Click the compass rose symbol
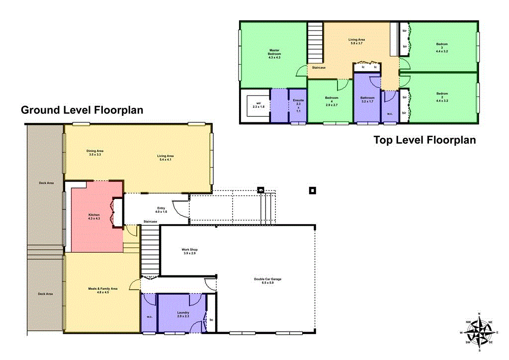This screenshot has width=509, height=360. point(479,332)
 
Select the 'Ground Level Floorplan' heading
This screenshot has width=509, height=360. point(82,110)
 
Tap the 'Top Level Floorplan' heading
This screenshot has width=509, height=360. point(424,140)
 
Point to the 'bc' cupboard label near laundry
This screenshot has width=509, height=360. point(211,320)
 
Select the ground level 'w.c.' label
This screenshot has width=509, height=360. point(149,316)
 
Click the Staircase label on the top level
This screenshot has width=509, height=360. point(319,68)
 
